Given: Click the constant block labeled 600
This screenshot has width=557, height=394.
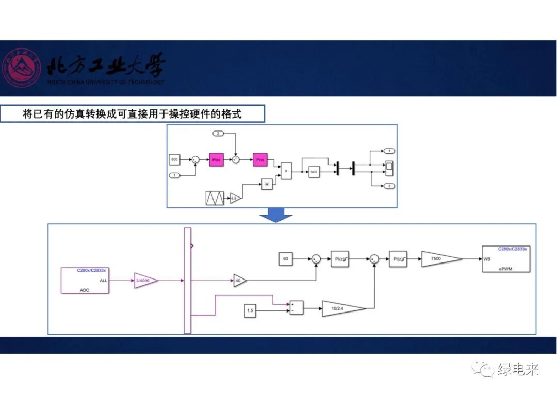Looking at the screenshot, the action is (174, 160).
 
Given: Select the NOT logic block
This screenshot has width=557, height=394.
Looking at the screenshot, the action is (314, 172).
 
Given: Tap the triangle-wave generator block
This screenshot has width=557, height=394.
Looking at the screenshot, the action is (214, 198).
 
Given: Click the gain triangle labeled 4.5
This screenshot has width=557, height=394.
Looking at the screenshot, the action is (235, 198).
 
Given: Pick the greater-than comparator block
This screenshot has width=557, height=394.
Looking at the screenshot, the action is (286, 170).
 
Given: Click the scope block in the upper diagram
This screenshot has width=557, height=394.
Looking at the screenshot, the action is (389, 166).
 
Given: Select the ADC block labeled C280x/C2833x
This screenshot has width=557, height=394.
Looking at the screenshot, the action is (85, 281).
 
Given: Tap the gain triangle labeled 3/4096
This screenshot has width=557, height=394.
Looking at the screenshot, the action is (145, 281).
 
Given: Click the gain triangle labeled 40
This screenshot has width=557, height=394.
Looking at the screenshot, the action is (239, 280).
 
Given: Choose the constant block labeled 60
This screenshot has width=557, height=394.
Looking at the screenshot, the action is (286, 258).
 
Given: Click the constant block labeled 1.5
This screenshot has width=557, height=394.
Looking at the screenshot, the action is (250, 311).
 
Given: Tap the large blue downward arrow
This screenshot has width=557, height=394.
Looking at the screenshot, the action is (276, 216).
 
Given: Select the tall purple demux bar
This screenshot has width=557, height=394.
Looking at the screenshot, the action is (187, 281).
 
